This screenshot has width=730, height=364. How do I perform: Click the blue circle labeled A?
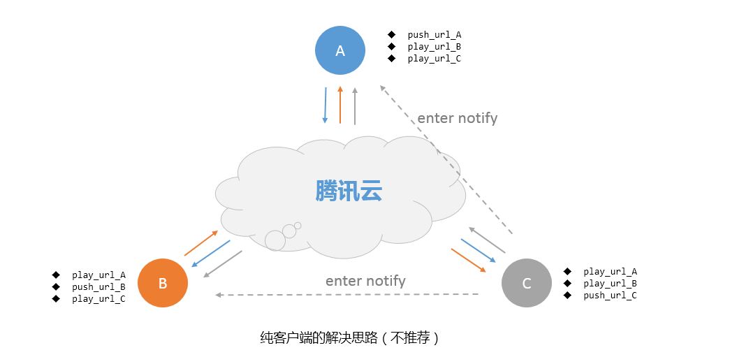click(x=340, y=50)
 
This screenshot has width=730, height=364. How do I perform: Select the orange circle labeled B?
click(x=163, y=283)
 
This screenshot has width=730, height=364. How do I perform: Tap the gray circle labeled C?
click(x=527, y=283)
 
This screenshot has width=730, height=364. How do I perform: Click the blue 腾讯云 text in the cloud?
click(x=349, y=190)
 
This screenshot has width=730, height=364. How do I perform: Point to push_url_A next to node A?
click(x=435, y=35)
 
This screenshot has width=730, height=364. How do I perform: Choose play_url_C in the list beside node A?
click(x=435, y=59)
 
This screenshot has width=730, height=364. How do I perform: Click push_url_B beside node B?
click(x=98, y=287)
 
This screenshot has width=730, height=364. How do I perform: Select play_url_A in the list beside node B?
click(x=98, y=275)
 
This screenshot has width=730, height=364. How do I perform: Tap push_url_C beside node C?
click(x=610, y=296)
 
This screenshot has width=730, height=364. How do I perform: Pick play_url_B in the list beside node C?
click(x=610, y=284)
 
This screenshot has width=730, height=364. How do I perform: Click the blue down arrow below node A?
click(x=326, y=105)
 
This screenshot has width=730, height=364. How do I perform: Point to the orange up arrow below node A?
click(x=340, y=105)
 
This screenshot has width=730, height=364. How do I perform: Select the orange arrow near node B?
click(x=201, y=243)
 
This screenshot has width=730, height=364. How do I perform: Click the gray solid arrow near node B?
click(x=223, y=264)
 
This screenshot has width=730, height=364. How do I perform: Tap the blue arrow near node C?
click(x=479, y=251)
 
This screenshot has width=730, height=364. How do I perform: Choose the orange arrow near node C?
click(x=469, y=261)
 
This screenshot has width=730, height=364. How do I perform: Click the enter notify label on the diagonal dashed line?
click(x=457, y=118)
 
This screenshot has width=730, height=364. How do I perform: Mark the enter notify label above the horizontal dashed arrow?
click(x=365, y=281)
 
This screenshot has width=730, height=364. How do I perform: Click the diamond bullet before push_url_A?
click(x=391, y=34)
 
